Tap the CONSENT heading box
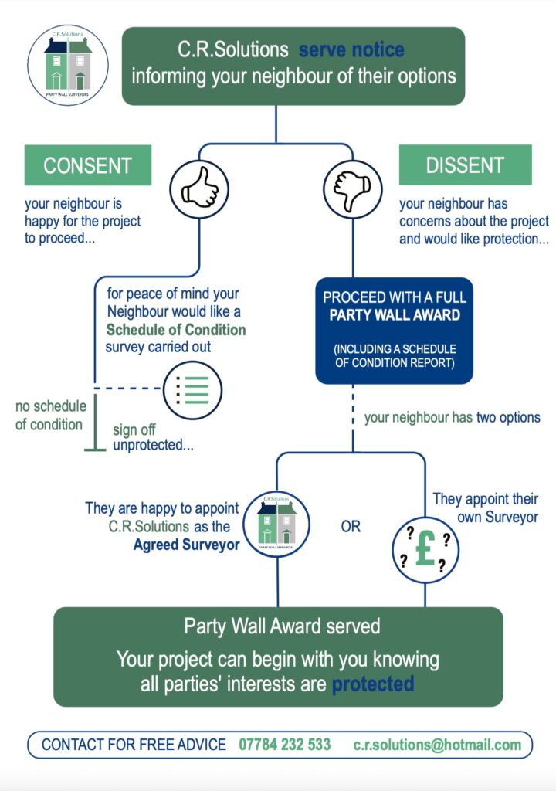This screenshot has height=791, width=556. coord(88,165)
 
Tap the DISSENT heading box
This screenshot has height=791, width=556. coord(465,165)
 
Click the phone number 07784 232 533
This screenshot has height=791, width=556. coord(285,745)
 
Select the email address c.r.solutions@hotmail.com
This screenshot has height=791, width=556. coord(437,745)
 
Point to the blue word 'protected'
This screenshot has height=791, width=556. coord(373,684)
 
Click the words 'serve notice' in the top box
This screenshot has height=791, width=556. coord(351,51)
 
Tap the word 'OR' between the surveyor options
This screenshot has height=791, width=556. coord(350,527)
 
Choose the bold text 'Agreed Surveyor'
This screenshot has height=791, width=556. coord(186,544)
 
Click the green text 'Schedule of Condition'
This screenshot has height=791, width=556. coord(175,330)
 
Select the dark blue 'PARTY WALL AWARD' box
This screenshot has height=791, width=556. coord(394,331)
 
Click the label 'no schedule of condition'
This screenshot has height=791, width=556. coord(49,416)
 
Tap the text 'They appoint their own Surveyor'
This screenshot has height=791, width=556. coord(486,508)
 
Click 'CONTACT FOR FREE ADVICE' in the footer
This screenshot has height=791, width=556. coord(134,745)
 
